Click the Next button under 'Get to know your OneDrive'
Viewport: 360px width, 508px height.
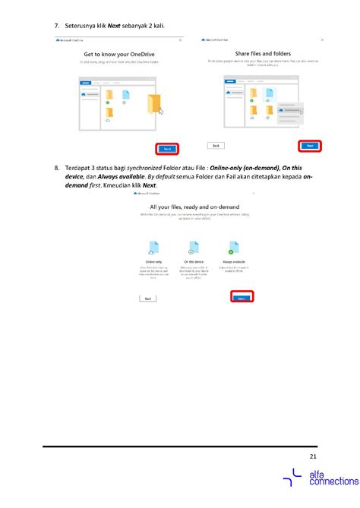[168, 148]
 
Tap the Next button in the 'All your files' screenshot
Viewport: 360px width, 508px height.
[241, 299]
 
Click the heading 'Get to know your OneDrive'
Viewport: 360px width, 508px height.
[122, 55]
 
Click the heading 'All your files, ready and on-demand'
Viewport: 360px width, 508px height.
[196, 207]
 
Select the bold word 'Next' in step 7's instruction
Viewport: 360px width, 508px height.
[114, 27]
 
